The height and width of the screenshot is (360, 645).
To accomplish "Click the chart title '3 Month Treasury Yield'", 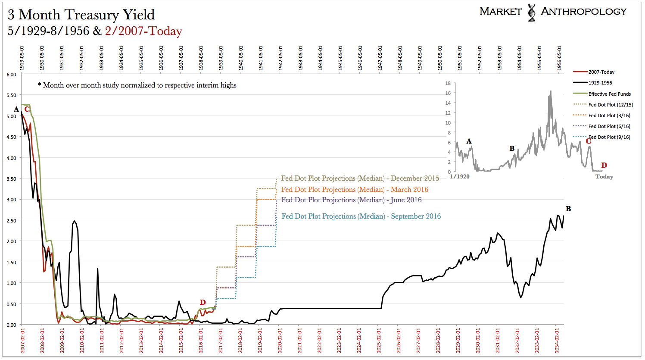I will (x=81, y=15).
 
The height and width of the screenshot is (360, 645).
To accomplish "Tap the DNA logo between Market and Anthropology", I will (x=531, y=13).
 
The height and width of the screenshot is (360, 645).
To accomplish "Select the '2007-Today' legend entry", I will (x=601, y=72).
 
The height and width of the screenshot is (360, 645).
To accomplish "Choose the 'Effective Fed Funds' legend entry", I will (x=609, y=94).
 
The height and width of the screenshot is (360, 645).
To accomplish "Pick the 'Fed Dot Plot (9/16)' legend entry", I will (x=609, y=137).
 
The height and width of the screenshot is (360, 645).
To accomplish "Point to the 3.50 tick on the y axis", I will (x=11, y=179).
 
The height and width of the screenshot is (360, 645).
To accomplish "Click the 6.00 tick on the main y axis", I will (x=11, y=75).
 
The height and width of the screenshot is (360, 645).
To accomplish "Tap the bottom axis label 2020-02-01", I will (x=280, y=341).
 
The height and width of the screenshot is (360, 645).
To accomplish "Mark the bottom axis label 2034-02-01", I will (x=557, y=341).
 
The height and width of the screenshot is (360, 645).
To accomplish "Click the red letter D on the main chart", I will (x=203, y=302).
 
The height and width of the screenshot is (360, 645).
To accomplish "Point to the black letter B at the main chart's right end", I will (x=568, y=209).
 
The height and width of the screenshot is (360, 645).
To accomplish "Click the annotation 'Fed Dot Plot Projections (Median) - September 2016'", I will (x=361, y=216).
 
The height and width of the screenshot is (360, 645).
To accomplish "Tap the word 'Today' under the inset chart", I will (x=604, y=177).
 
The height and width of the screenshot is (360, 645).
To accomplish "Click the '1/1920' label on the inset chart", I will (x=460, y=176).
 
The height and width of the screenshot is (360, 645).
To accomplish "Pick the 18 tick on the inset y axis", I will (x=448, y=83).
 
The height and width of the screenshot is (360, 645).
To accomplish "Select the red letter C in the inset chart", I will (x=588, y=141).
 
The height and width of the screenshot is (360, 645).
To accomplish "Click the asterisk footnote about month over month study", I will (x=137, y=85).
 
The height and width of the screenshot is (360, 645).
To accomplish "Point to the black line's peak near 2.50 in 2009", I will (x=75, y=221).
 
